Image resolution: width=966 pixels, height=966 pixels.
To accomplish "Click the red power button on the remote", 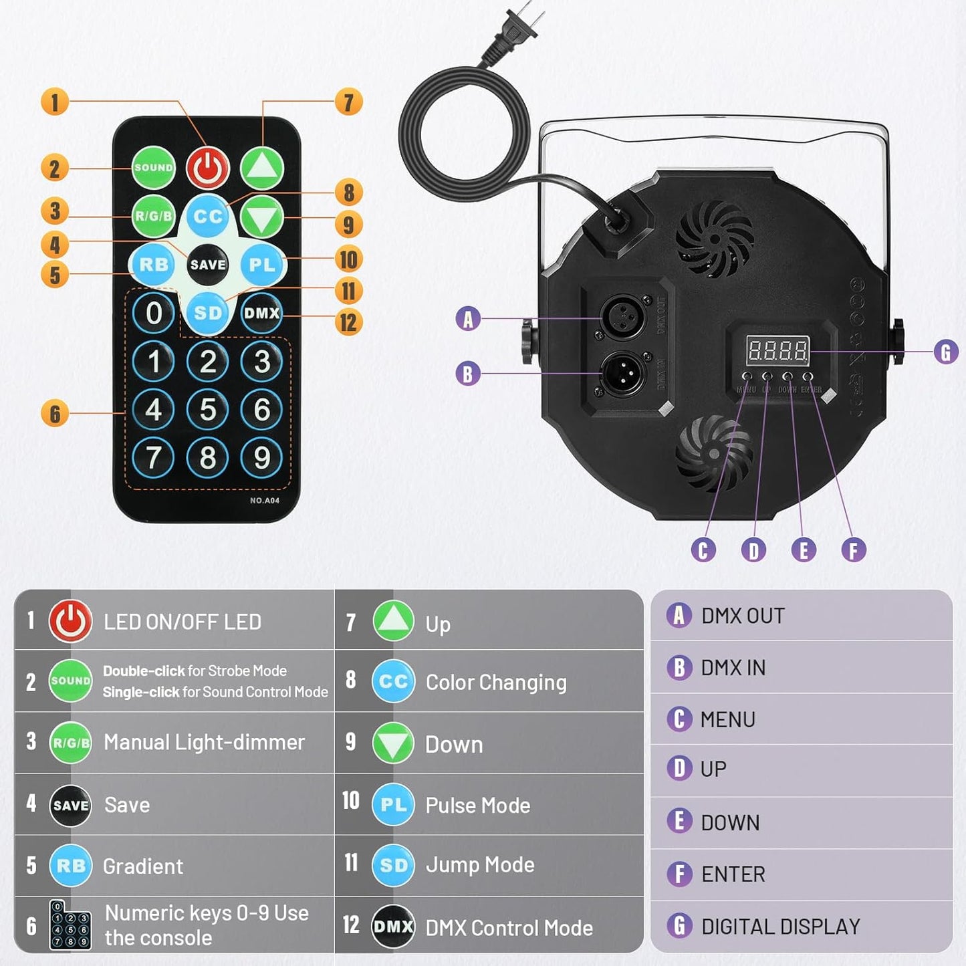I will (x=208, y=168).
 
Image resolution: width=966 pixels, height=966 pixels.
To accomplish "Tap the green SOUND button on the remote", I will (x=154, y=168).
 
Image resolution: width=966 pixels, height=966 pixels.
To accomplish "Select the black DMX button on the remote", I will (x=261, y=313).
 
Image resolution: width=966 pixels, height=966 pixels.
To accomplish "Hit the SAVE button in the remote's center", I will (x=208, y=265).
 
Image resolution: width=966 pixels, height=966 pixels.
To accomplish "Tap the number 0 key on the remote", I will (x=154, y=313).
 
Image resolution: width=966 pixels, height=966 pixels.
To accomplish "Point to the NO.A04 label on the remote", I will (x=265, y=501).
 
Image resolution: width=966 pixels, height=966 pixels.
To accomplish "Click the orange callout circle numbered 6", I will (x=55, y=414).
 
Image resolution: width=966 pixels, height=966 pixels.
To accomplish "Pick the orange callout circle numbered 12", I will (x=348, y=322).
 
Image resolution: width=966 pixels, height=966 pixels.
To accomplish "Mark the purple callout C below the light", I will (x=703, y=550).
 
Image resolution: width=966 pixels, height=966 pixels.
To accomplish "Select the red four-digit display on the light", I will (x=777, y=350).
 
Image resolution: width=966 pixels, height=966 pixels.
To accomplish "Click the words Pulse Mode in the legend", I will (x=477, y=806).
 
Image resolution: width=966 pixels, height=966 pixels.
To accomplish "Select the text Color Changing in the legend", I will (x=496, y=682).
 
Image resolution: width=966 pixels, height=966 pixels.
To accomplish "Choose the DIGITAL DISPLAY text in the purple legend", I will (x=780, y=927).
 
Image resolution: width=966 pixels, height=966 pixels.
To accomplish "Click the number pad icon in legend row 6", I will (x=70, y=925).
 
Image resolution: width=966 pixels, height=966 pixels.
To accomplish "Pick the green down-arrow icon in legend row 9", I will (x=393, y=743).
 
